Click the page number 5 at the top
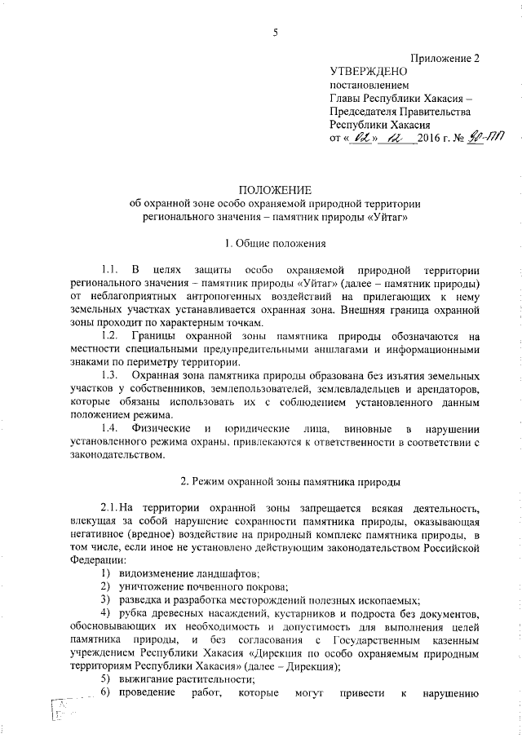pyautogui.click(x=275, y=33)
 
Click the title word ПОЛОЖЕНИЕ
pyautogui.click(x=275, y=190)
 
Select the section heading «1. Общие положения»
pyautogui.click(x=275, y=242)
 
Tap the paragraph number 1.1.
pyautogui.click(x=111, y=269)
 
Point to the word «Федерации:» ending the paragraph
pyautogui.click(x=87, y=560)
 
